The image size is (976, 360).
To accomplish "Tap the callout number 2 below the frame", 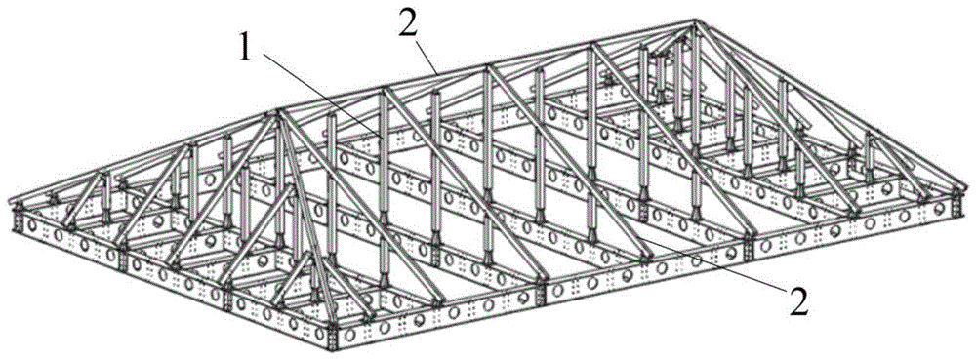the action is (x=798, y=302).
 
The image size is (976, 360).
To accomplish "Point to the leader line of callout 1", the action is (x=320, y=96).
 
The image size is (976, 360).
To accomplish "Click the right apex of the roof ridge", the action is (x=695, y=23).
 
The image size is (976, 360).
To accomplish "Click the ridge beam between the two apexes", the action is (x=486, y=68).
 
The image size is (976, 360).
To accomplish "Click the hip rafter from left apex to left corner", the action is (x=144, y=159).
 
